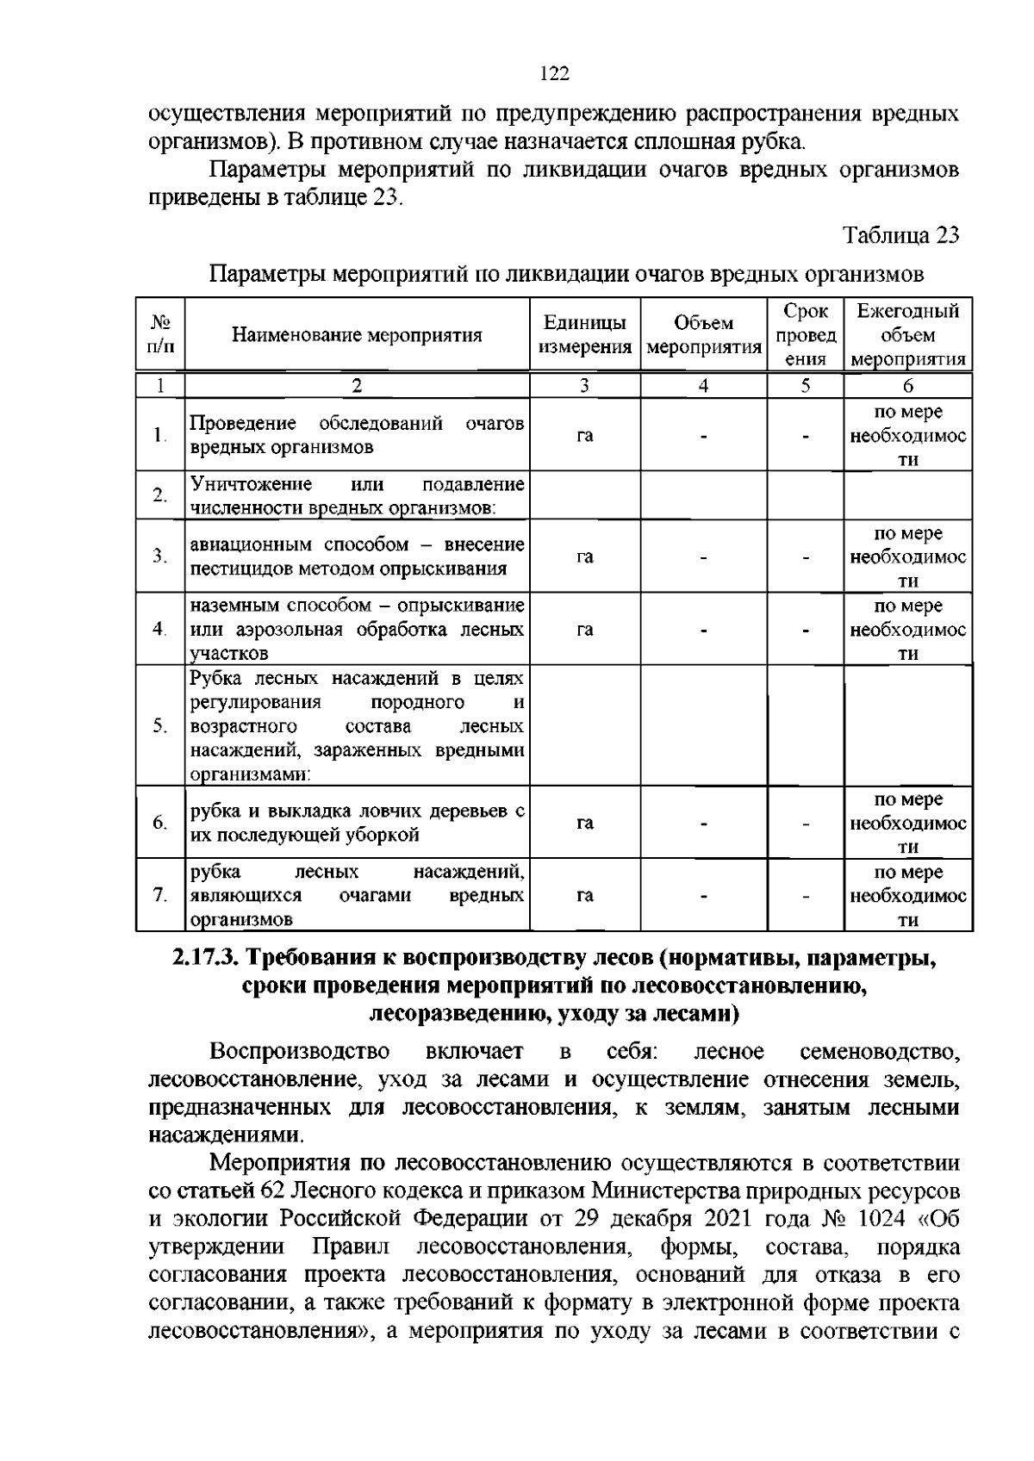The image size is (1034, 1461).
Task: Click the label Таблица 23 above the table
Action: point(900,235)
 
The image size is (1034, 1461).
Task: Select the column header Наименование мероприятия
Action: point(357,336)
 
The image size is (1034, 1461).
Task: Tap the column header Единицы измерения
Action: point(584,336)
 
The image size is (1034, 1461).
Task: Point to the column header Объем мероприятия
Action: point(704,336)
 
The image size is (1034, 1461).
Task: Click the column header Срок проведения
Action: point(806,336)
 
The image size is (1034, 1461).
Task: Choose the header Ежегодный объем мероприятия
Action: point(908,336)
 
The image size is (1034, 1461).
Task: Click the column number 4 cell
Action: point(704,386)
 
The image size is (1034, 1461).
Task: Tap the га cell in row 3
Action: point(584,557)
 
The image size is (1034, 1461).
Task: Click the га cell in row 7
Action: point(584,896)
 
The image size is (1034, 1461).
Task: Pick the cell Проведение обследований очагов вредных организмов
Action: point(357,435)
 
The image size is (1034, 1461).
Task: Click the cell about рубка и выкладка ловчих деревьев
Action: point(357,823)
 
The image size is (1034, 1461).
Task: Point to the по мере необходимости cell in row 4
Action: point(908,630)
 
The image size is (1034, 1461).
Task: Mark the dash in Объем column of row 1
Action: point(704,436)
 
